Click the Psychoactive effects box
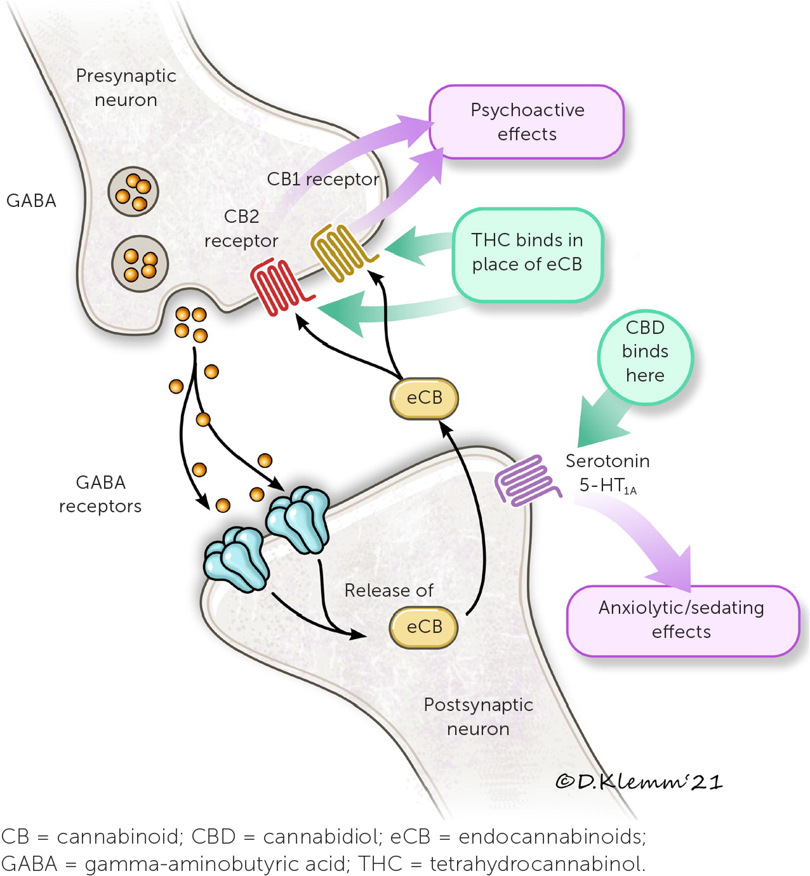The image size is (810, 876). click(527, 122)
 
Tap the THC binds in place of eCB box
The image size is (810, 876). click(527, 253)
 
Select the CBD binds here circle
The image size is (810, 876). click(645, 352)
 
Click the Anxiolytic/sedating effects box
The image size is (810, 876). click(681, 620)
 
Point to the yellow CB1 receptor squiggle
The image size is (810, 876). click(340, 252)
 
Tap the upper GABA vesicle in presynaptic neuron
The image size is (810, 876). click(133, 192)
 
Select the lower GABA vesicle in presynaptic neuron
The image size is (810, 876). click(140, 263)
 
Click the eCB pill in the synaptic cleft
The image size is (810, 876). click(424, 399)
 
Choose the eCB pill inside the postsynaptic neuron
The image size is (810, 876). click(423, 627)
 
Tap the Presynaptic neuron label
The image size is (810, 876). click(126, 88)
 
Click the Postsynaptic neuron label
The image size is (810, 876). click(478, 717)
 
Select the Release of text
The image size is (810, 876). click(388, 590)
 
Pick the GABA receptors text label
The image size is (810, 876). click(100, 494)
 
